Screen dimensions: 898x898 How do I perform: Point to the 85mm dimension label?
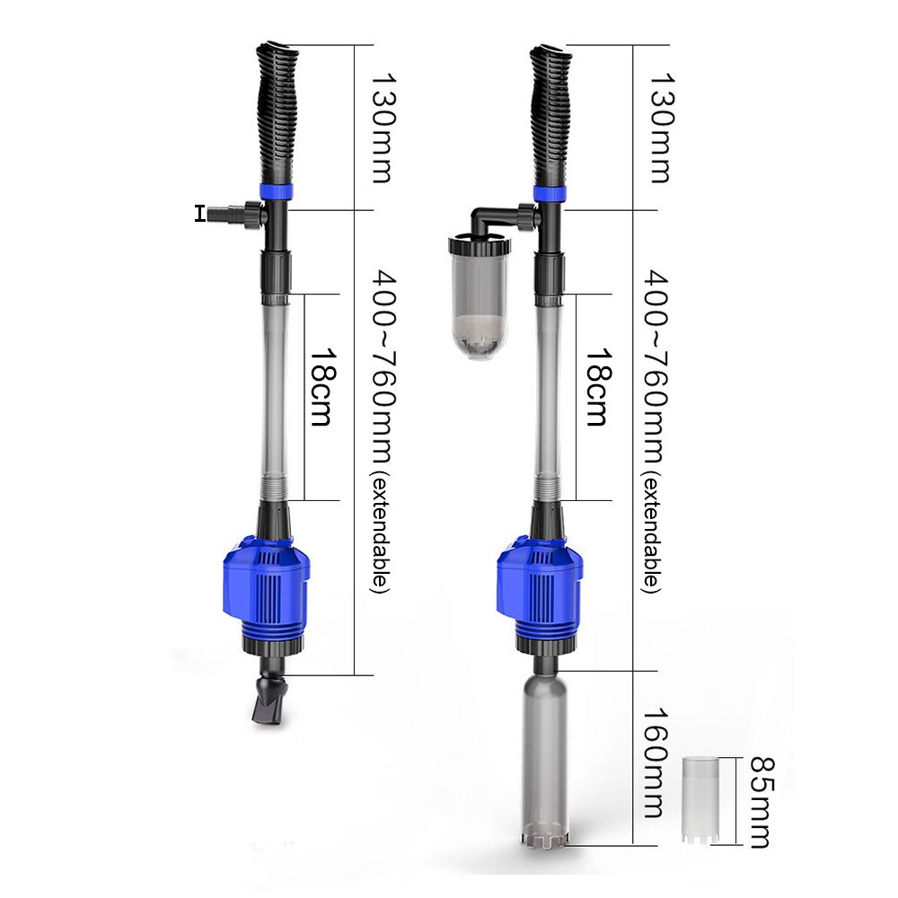pos(759,801)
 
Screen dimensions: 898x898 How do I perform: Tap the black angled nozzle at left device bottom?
pos(271,700)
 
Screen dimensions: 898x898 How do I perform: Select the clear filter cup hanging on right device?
pos(479,296)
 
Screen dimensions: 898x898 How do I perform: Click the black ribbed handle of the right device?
pos(550,112)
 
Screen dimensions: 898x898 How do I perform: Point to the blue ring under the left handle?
pos(275,192)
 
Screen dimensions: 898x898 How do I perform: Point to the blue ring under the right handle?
pos(550,192)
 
